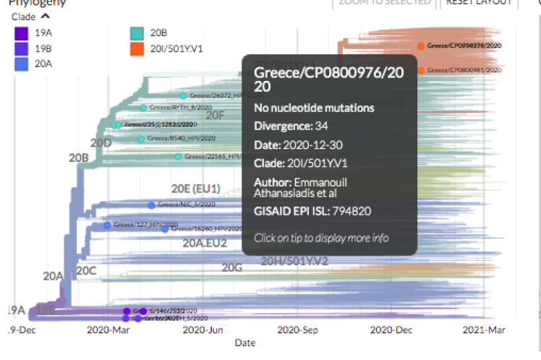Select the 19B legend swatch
[21, 48]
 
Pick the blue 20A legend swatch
[21, 64]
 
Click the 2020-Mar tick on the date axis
[108, 330]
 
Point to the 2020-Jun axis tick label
[202, 330]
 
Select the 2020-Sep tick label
[297, 330]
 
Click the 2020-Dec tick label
[391, 330]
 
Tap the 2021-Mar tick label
[485, 330]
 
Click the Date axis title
[244, 343]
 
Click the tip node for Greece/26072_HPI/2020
[183, 95]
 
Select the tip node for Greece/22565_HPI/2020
[178, 156]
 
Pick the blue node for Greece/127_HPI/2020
[107, 225]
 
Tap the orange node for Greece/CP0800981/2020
[420, 70]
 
